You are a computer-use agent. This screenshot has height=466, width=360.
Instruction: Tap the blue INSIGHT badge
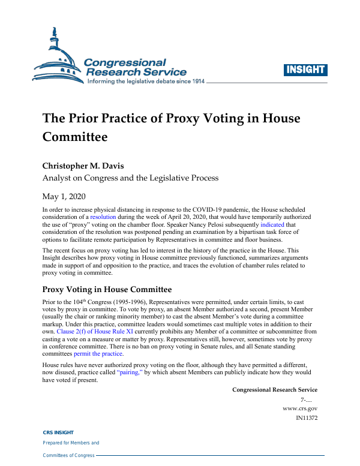tap(305, 70)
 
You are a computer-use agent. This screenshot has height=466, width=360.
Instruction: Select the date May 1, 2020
tap(65, 196)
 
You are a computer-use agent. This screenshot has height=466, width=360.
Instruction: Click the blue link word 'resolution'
tap(103, 216)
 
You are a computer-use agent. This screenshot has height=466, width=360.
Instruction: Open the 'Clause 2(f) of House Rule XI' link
tap(95, 330)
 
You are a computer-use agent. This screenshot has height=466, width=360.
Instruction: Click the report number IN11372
tap(302, 417)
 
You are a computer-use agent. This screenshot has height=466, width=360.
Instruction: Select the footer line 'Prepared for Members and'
tap(71, 443)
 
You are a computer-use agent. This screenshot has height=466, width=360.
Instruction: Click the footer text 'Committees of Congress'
tap(68, 456)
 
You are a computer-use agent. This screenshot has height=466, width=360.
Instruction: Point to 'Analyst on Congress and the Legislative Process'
tap(130, 178)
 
